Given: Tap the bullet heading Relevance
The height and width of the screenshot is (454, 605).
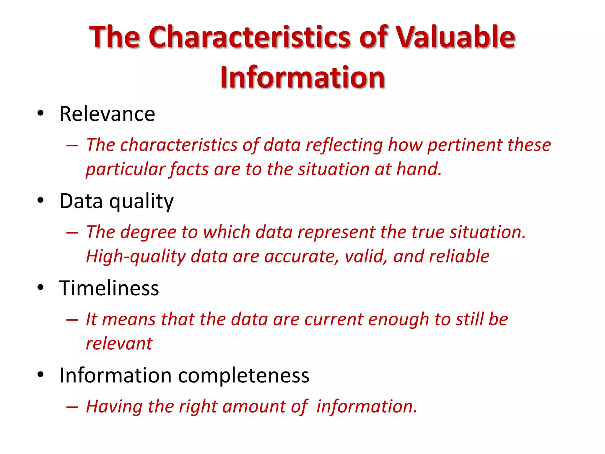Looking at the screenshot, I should point(107,114).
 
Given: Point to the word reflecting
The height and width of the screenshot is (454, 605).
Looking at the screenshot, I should point(344,145).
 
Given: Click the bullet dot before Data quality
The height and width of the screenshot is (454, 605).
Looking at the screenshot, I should point(40,200).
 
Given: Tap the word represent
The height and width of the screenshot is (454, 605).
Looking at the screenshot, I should point(336,232).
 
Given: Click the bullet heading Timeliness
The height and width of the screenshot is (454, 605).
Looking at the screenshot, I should point(109,288).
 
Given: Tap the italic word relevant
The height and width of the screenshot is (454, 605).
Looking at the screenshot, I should point(119,344).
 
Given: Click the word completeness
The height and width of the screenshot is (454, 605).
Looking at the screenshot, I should point(244,375).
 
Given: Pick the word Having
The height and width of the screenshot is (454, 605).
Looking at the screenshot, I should point(114,407).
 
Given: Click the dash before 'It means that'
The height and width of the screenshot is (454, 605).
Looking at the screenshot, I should point(72,320).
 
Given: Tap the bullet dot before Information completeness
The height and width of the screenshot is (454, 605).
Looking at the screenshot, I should point(40,374).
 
